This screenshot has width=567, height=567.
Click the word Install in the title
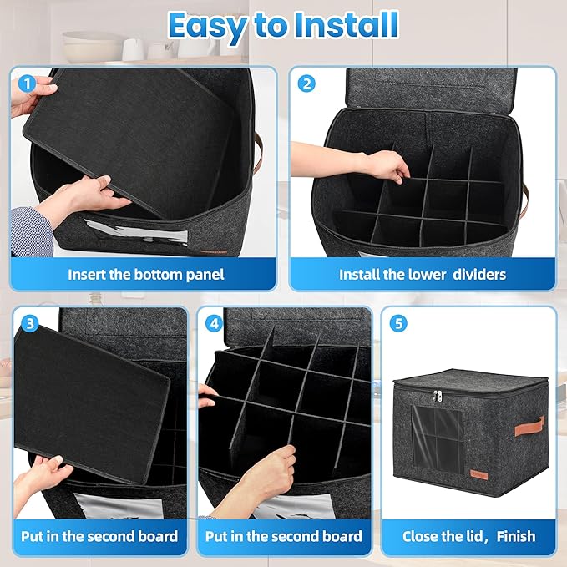[x=347, y=24]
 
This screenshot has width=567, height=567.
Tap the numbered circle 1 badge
[x=27, y=84]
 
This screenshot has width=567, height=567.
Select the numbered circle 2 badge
[x=306, y=84]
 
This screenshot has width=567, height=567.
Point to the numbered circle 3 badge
[x=30, y=323]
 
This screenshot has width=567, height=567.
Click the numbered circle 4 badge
[x=214, y=323]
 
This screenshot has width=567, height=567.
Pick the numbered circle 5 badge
[x=398, y=323]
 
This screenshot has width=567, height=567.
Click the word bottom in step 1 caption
[x=158, y=275]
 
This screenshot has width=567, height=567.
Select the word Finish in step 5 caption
[x=516, y=536]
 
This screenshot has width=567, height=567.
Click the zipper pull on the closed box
[x=438, y=396]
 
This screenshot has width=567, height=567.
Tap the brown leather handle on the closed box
[x=529, y=427]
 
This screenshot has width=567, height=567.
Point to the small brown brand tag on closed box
[x=479, y=475]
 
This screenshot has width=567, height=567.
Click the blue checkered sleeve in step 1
[x=31, y=231]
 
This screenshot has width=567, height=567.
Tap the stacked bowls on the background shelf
[x=92, y=47]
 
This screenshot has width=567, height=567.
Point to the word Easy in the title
[x=208, y=26]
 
